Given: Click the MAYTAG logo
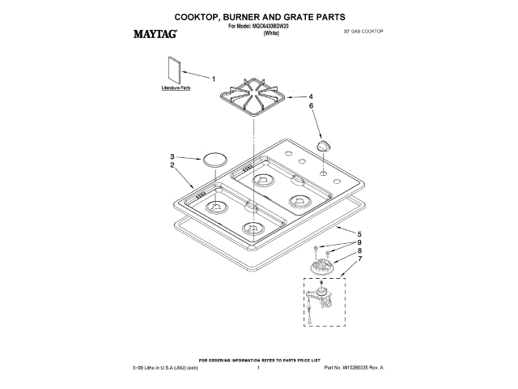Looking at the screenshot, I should click(x=155, y=35).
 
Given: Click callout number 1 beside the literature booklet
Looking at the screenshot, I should click(x=214, y=79).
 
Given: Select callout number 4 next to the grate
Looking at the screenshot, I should click(x=311, y=96).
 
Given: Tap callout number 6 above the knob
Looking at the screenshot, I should click(x=311, y=105).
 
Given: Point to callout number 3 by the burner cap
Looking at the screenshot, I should click(x=172, y=156).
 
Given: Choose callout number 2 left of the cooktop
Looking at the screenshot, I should click(x=172, y=165).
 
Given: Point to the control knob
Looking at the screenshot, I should click(x=324, y=144).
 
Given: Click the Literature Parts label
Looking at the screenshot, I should click(x=176, y=87).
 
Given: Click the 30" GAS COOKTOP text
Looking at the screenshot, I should click(x=363, y=30).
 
